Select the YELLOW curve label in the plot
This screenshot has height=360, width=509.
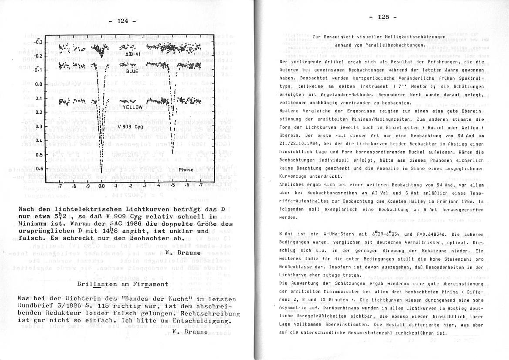coord(133,107)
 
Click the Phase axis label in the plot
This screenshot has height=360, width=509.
coord(186,170)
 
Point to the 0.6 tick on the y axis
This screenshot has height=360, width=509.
coord(38,169)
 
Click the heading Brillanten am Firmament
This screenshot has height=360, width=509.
coord(116,284)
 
